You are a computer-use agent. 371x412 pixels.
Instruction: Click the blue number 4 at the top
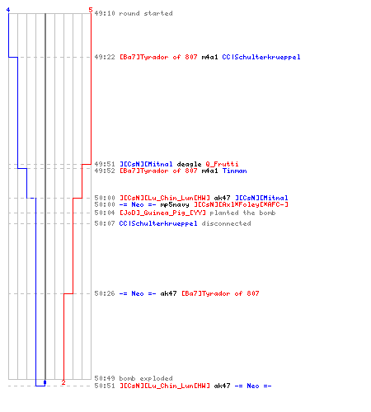(8, 10)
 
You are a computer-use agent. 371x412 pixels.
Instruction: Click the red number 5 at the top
(91, 10)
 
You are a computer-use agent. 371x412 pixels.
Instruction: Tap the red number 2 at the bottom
(63, 382)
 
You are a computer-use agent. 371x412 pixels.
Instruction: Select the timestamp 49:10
(105, 13)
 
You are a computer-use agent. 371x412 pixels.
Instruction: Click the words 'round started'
(146, 13)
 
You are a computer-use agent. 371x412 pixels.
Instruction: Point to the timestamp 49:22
(105, 57)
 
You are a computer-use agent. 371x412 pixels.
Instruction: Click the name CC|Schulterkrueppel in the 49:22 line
(261, 57)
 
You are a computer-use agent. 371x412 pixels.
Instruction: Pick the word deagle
(189, 164)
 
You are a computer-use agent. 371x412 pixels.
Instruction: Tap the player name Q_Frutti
(222, 164)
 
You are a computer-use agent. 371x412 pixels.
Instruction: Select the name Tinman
(234, 171)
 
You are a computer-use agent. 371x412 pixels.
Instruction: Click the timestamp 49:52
(105, 171)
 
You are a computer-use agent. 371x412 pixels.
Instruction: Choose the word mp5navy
(175, 204)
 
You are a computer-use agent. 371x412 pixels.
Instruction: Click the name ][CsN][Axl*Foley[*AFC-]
(241, 204)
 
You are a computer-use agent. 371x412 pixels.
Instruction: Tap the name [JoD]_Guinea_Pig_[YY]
(162, 213)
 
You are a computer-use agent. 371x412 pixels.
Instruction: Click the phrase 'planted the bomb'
(242, 213)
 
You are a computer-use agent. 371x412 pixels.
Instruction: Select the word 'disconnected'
(226, 223)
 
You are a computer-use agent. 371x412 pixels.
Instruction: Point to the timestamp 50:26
(105, 293)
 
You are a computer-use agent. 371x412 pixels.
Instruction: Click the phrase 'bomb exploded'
(146, 378)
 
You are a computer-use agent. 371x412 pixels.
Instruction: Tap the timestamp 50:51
(105, 386)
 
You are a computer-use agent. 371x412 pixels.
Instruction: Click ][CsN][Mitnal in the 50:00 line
(261, 198)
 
